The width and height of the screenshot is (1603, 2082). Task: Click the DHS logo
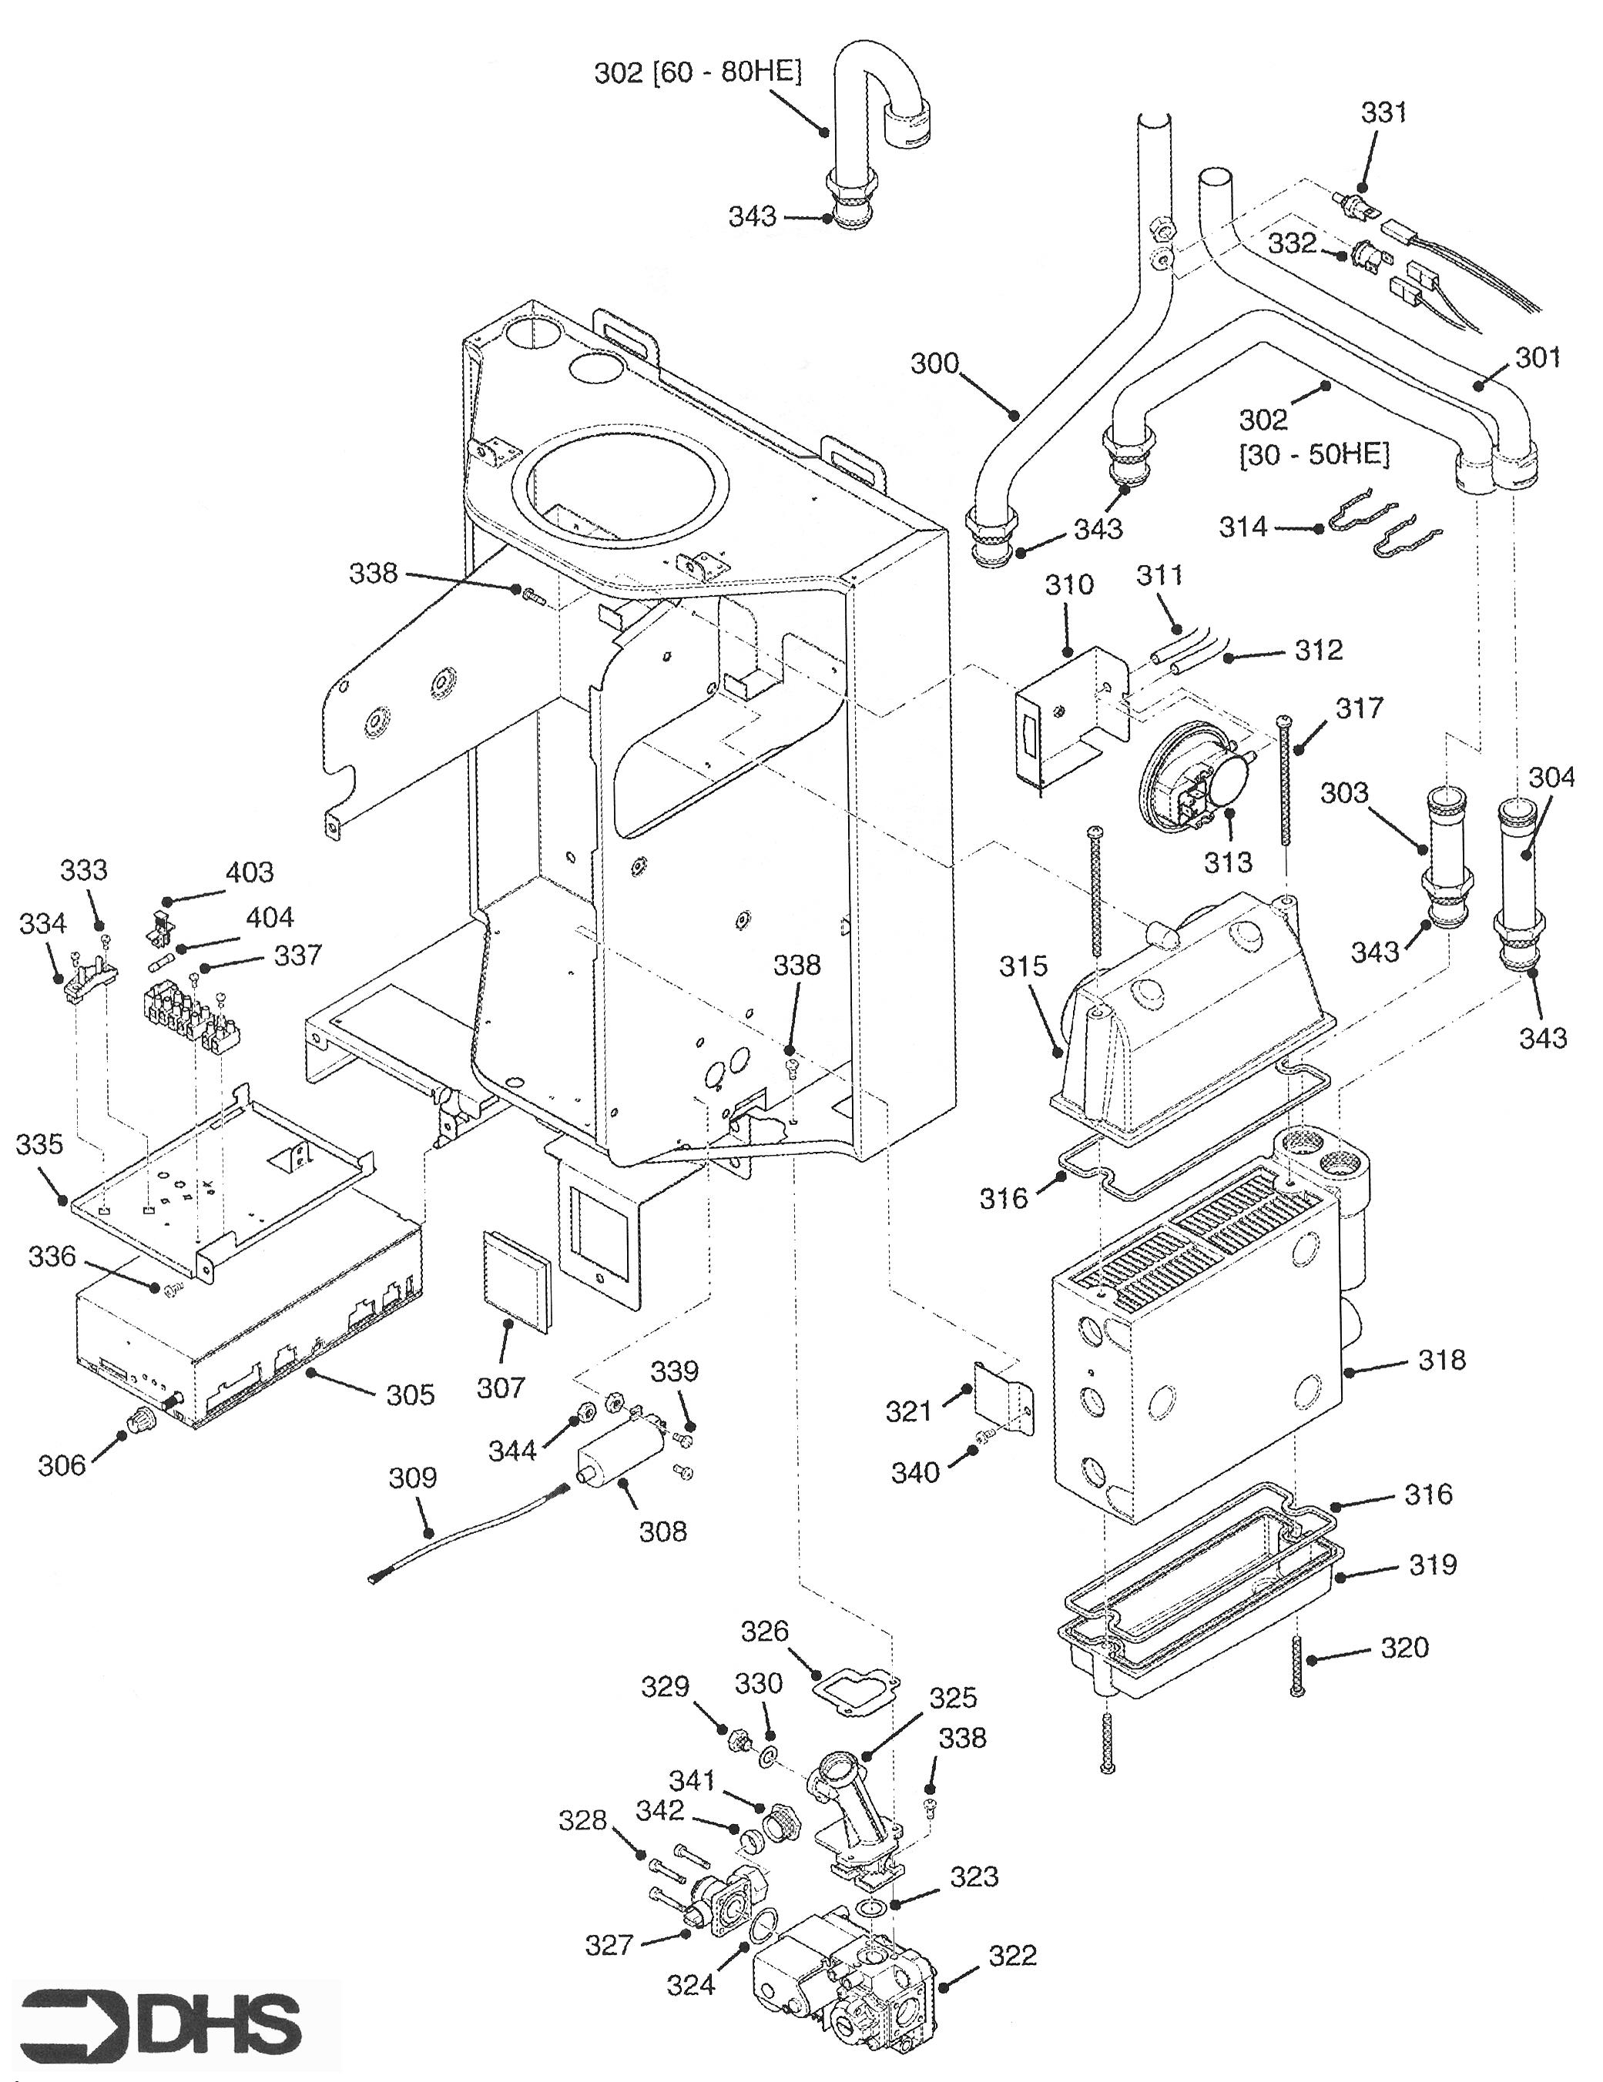[x=160, y=2021]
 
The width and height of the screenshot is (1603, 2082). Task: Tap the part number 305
[x=410, y=1394]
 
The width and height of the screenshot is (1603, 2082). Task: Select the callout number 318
[x=1441, y=1360]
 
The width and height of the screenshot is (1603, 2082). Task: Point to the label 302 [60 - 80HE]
[x=697, y=72]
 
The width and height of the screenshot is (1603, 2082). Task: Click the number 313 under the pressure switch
[x=1227, y=862]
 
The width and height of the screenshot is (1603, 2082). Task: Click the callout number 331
[x=1383, y=112]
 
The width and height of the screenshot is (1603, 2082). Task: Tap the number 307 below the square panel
[x=501, y=1388]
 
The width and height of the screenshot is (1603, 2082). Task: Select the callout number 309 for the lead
[x=412, y=1478]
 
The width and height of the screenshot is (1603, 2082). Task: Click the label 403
[x=249, y=872]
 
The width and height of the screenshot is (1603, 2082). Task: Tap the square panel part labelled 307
[x=515, y=1278]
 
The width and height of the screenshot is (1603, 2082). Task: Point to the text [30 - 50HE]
[x=1314, y=455]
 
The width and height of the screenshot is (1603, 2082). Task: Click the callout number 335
[x=39, y=1144]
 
